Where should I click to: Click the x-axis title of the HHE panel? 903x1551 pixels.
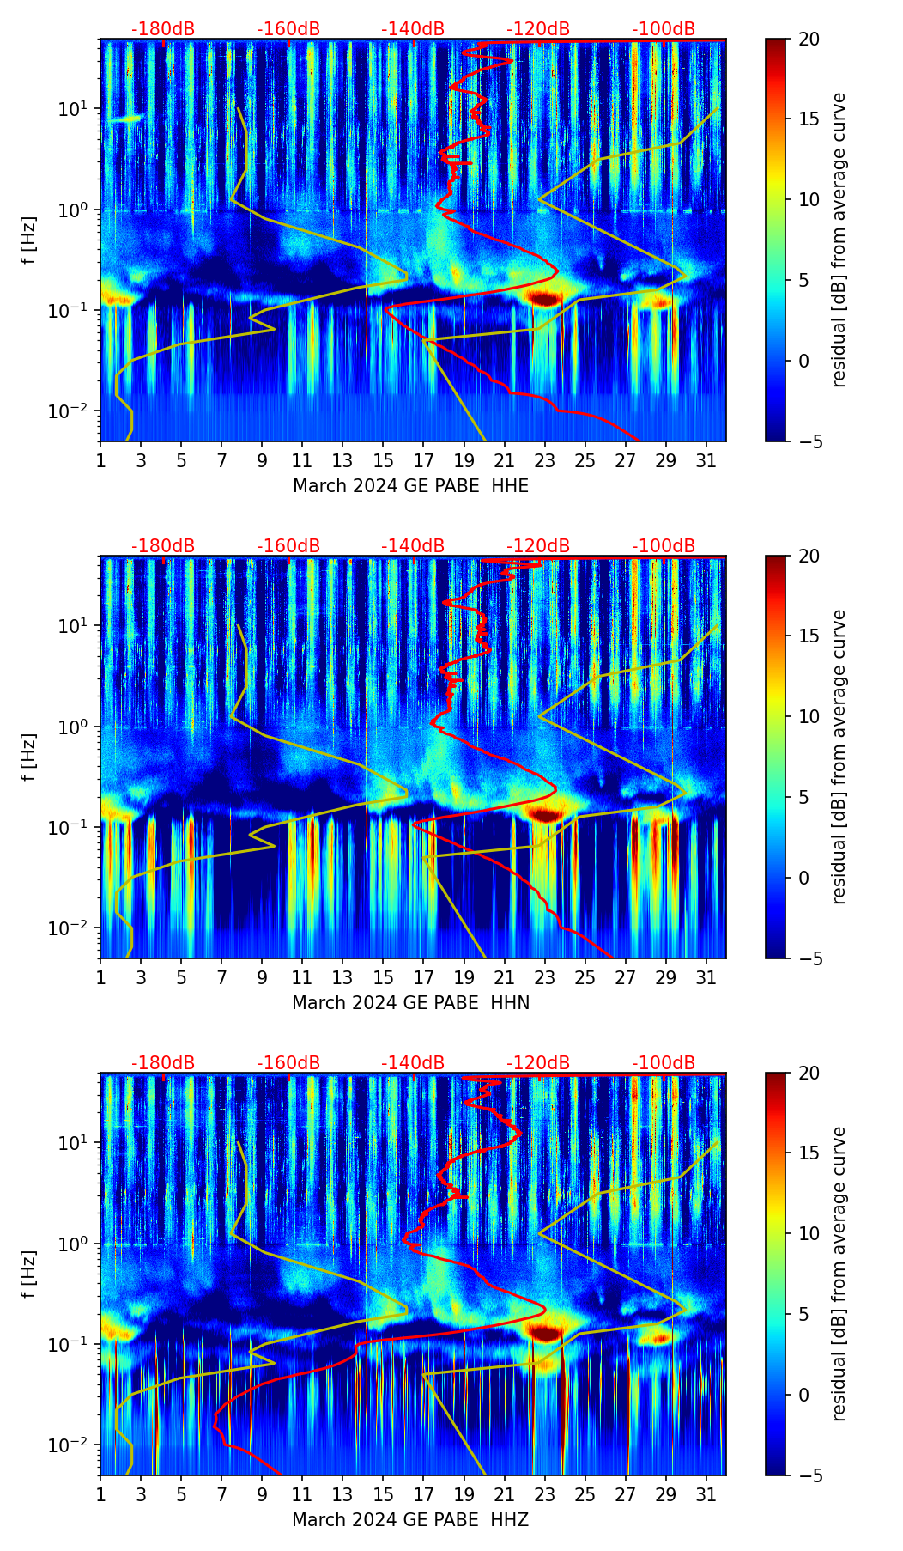pos(410,486)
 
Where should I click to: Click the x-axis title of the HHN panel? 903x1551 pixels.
pos(410,1003)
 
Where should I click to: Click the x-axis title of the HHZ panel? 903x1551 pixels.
pos(410,1520)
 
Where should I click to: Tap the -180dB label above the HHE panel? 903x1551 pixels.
pos(163,29)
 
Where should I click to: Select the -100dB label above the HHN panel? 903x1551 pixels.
pos(664,546)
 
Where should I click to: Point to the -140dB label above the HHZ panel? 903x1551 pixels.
pos(413,1063)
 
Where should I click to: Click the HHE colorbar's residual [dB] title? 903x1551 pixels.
pos(839,240)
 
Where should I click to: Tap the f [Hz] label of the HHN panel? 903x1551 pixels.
pos(30,757)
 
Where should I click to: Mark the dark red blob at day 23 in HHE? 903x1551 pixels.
pos(544,298)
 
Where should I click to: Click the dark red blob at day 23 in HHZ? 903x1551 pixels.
pos(544,1332)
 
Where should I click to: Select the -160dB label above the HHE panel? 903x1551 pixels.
pos(288,29)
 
